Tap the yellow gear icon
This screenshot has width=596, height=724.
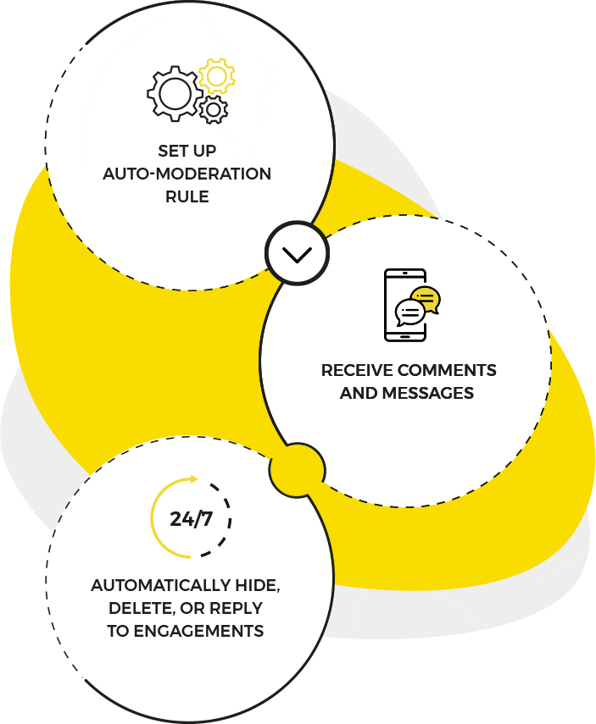coord(216,77)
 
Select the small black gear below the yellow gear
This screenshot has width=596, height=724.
coord(214,108)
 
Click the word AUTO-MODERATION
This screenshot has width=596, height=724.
coord(187,174)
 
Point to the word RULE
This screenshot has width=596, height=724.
coord(187,196)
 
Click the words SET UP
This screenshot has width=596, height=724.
coord(187,151)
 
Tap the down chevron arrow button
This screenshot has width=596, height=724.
coord(297,254)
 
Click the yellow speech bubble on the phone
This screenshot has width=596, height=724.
coord(426,300)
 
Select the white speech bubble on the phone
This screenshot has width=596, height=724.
coord(410,313)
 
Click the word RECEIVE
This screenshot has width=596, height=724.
coord(357,371)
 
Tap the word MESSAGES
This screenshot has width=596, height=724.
coord(427,393)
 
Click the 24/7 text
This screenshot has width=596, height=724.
coord(191,518)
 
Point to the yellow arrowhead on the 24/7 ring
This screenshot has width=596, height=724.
coord(194,479)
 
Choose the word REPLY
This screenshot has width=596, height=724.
coord(234,609)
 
